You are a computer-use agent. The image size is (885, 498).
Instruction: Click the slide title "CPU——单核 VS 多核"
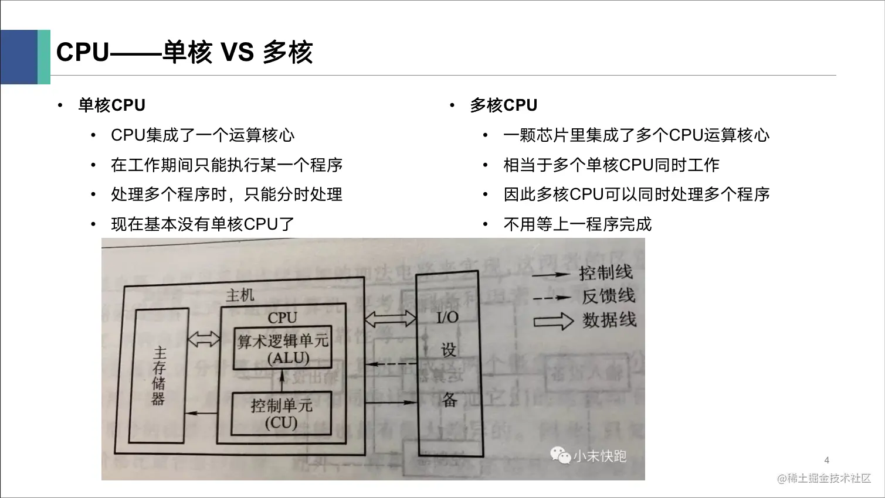coord(184,53)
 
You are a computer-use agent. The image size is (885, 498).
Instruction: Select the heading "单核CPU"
coord(111,105)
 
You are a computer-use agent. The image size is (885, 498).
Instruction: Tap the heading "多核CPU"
coord(503,105)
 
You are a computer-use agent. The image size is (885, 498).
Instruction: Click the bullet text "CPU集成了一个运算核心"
coord(202,135)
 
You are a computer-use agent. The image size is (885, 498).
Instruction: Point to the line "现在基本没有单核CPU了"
coord(202,224)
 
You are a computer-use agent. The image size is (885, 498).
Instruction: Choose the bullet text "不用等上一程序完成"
coord(577,224)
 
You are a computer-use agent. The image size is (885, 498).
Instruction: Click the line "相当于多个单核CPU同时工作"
coord(611,165)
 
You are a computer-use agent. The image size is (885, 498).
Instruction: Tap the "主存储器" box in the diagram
coord(159,376)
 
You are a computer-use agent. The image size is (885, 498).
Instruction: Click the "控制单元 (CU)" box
coord(282,414)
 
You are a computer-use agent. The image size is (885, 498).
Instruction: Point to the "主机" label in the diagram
coord(240,295)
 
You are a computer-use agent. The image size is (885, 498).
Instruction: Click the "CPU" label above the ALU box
coord(283,318)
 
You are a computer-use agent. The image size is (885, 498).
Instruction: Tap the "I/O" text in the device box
coord(447,318)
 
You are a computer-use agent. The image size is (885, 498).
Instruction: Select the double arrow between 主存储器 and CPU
coord(204,339)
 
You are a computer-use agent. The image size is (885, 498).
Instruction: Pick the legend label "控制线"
coord(605,273)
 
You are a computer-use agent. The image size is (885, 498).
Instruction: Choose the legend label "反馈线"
coord(608,296)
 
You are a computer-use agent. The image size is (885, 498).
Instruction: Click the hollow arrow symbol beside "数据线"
coord(552,321)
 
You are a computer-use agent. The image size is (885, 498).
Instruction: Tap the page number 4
coord(827,460)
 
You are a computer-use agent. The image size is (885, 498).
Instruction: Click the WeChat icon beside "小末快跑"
coord(560,455)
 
